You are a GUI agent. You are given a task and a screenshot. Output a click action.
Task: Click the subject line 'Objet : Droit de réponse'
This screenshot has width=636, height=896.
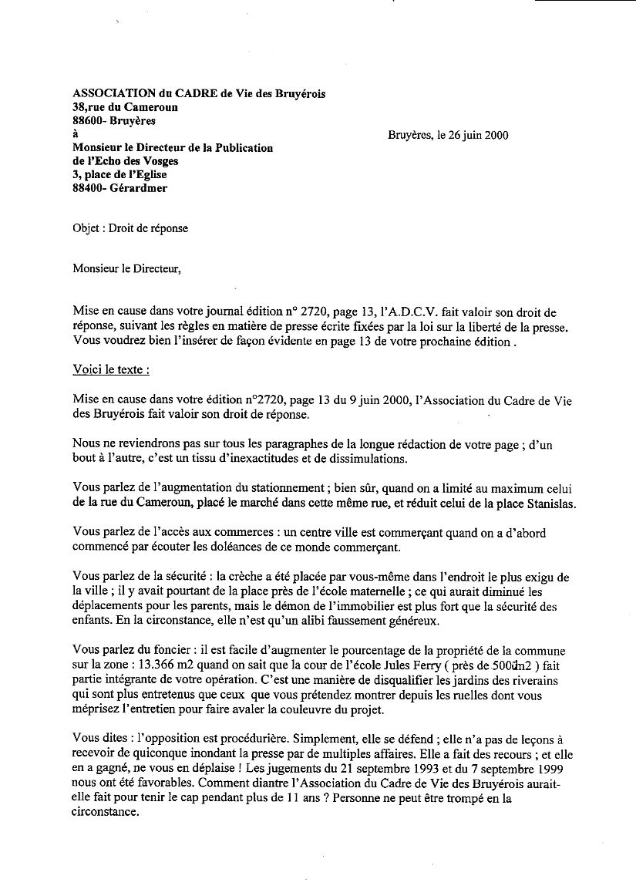(x=130, y=228)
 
